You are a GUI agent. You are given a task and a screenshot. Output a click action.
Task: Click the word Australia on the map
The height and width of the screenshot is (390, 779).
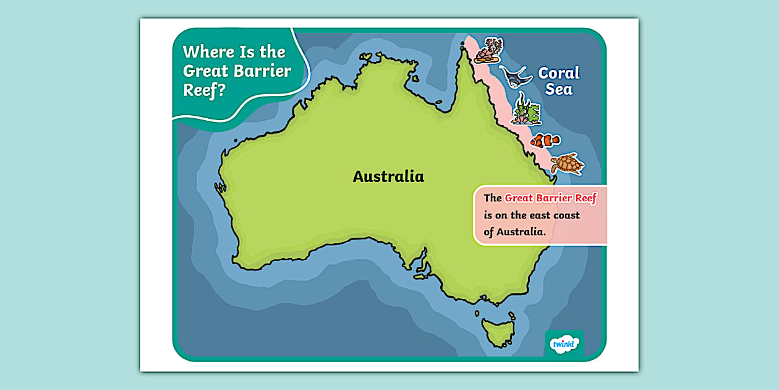[x=388, y=176]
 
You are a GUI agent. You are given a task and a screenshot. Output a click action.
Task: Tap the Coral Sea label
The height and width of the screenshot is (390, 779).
[x=559, y=81]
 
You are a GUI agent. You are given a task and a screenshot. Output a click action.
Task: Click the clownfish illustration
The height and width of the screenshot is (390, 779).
[x=545, y=141]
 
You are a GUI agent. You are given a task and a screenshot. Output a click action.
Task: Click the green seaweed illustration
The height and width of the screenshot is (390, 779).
[x=526, y=110]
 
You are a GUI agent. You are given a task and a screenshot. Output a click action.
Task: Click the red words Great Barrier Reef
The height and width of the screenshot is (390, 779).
[x=550, y=198]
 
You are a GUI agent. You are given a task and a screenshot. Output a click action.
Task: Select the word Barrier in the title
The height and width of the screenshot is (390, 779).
[x=263, y=71]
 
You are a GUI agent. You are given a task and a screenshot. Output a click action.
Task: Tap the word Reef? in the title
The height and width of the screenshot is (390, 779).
[x=204, y=90]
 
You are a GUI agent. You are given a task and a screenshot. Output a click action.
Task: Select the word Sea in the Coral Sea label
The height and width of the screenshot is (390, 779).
[x=559, y=90]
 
